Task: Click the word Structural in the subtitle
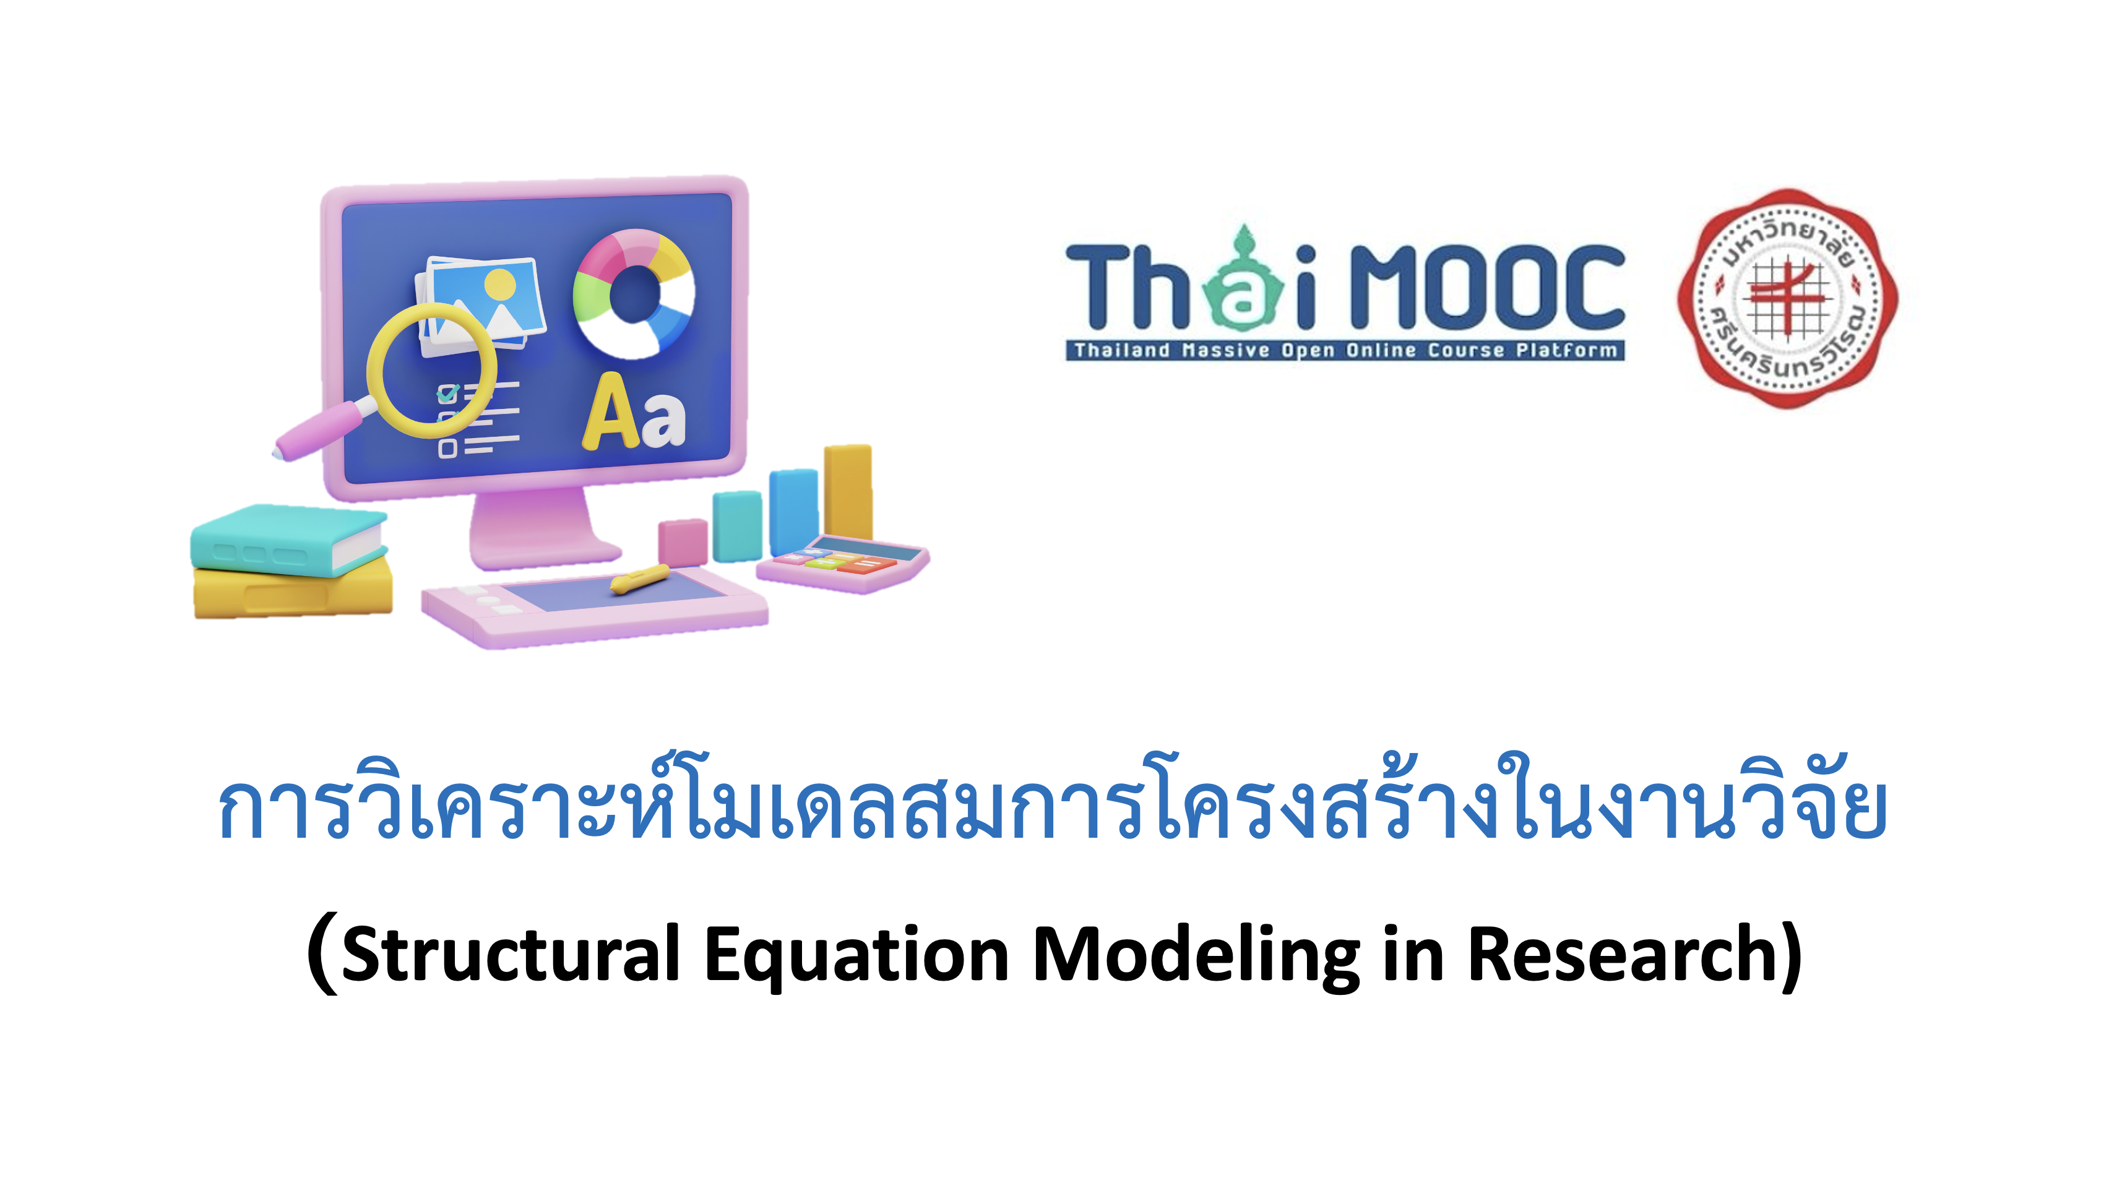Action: coord(510,955)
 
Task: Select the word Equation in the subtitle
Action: coord(856,955)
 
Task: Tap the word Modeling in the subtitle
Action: coord(1196,955)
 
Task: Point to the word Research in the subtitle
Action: coord(1621,955)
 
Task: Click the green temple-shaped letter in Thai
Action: coord(1243,282)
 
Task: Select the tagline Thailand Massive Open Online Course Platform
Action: coord(1345,350)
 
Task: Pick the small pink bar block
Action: coord(682,541)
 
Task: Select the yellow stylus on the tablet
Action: coord(639,578)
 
